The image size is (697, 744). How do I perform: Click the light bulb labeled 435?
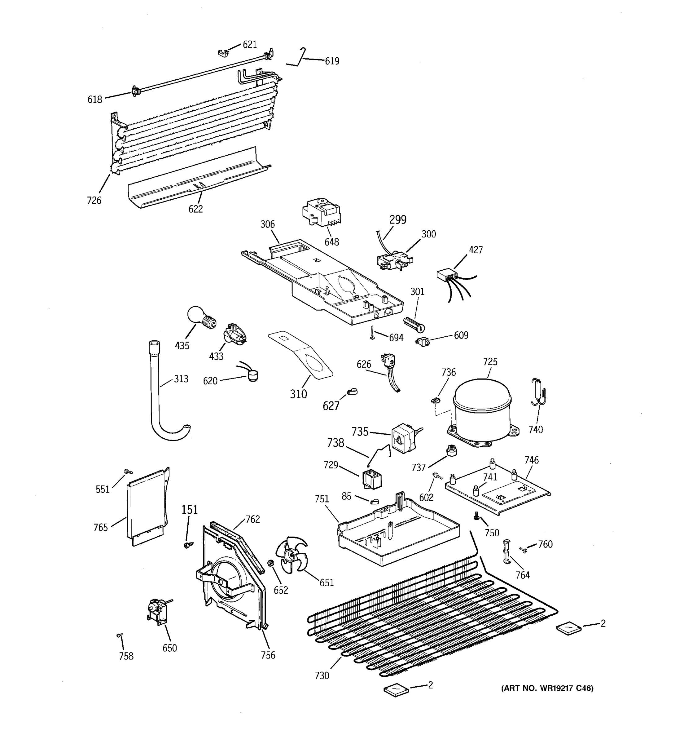(201, 318)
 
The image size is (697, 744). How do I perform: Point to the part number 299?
(397, 220)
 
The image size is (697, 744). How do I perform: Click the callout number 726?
(94, 201)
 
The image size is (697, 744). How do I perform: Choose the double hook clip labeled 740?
(538, 393)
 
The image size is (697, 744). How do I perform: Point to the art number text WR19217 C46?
(547, 688)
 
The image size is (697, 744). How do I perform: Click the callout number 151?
(190, 510)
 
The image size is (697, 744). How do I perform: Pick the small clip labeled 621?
(223, 53)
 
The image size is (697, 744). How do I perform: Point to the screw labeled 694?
(372, 333)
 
